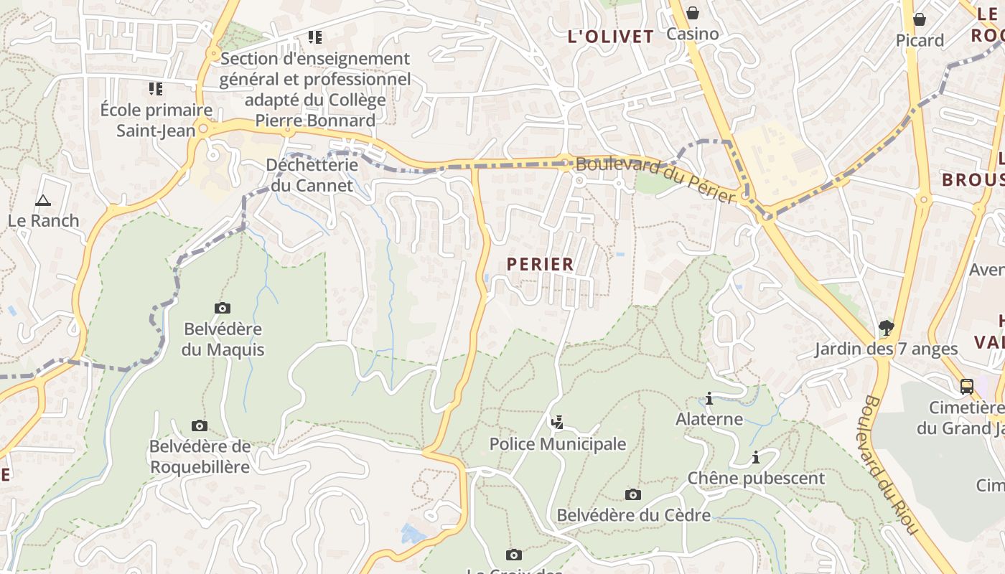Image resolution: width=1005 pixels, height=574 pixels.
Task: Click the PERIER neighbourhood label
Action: click(x=541, y=264)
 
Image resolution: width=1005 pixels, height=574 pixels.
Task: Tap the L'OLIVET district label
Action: click(x=611, y=37)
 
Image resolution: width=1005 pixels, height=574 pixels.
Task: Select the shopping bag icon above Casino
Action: click(x=693, y=13)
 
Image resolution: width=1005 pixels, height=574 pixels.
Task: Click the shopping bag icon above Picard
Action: click(x=919, y=19)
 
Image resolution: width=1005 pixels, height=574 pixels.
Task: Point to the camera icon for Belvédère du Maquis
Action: click(x=223, y=308)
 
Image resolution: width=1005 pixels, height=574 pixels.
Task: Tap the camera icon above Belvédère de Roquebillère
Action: click(x=200, y=425)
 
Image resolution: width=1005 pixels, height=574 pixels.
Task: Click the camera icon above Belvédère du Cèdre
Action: click(x=632, y=494)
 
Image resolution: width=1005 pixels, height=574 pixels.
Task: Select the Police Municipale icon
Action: click(x=557, y=422)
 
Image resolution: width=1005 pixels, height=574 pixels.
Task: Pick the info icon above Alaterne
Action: click(x=709, y=398)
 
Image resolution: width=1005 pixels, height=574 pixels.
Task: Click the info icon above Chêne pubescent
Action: click(x=756, y=457)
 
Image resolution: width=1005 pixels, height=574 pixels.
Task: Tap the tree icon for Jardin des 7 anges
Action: click(x=887, y=328)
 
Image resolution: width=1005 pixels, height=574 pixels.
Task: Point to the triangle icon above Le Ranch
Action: click(x=43, y=200)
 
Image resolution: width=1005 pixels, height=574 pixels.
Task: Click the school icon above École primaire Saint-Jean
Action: click(x=156, y=89)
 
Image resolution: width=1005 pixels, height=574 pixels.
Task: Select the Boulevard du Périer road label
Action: click(x=656, y=179)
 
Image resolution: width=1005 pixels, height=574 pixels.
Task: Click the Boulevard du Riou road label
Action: click(x=890, y=464)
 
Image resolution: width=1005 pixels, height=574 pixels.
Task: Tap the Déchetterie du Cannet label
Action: click(x=312, y=175)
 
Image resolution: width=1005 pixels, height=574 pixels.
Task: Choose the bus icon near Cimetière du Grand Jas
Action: click(x=967, y=386)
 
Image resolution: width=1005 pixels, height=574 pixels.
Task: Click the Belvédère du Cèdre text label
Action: click(x=634, y=515)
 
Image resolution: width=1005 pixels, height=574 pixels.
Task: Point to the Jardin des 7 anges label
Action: click(x=886, y=349)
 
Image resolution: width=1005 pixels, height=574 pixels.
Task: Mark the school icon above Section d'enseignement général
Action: click(x=314, y=37)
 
